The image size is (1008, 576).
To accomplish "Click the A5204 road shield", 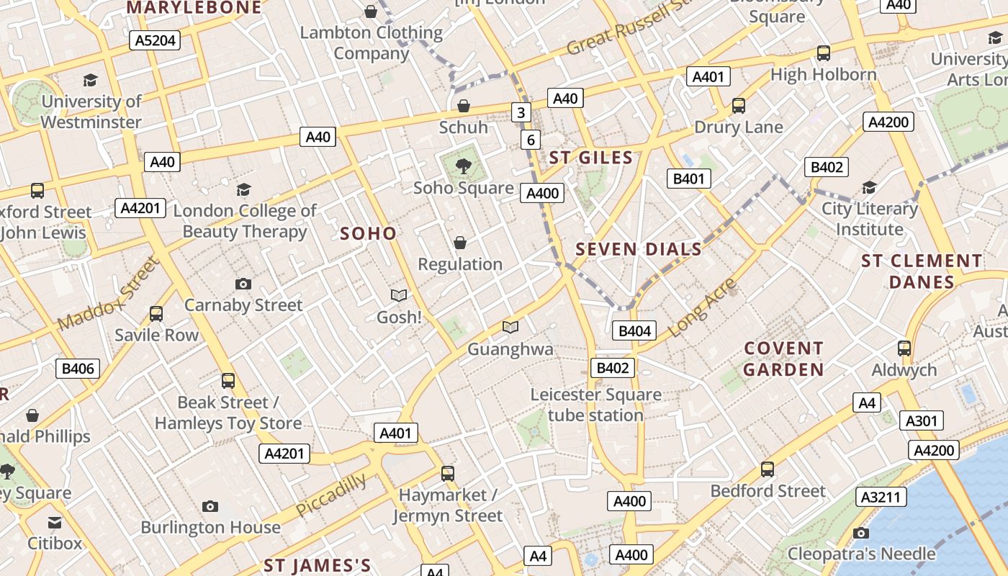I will pyautogui.click(x=156, y=40).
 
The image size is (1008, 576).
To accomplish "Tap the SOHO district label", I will pyautogui.click(x=368, y=233).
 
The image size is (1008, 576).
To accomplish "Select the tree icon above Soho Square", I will pyautogui.click(x=464, y=167).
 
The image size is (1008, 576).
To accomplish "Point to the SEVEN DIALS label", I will pyautogui.click(x=639, y=250).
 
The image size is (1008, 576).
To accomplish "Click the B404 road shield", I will pyautogui.click(x=634, y=331).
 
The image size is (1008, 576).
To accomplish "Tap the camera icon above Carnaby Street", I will pyautogui.click(x=243, y=284).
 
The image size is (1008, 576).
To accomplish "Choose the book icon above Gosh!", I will pyautogui.click(x=399, y=295).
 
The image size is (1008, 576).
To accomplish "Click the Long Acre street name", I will pyautogui.click(x=702, y=307).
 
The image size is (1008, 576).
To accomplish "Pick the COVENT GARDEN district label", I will pyautogui.click(x=783, y=359).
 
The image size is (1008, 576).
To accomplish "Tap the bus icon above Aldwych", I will pyautogui.click(x=904, y=348).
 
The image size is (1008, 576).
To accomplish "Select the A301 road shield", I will pyautogui.click(x=921, y=420).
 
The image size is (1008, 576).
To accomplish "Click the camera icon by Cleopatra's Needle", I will pyautogui.click(x=860, y=534).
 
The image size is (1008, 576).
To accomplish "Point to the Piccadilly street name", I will pyautogui.click(x=331, y=495).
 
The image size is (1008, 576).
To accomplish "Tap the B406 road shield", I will pyautogui.click(x=78, y=369).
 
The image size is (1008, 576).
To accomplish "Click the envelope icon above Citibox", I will pyautogui.click(x=55, y=522).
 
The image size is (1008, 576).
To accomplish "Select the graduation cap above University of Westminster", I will pyautogui.click(x=91, y=80).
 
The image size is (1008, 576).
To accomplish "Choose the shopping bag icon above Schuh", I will pyautogui.click(x=464, y=107).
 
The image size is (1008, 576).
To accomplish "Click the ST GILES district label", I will pyautogui.click(x=590, y=158).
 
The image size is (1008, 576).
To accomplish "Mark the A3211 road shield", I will pyautogui.click(x=881, y=497).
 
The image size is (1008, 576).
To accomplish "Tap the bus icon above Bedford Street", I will pyautogui.click(x=768, y=469).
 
